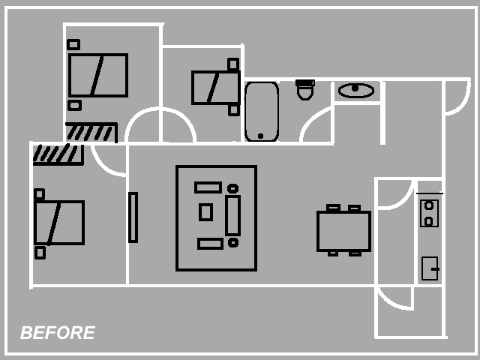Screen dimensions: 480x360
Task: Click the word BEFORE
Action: (58, 333)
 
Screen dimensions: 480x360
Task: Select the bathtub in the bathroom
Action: (262, 112)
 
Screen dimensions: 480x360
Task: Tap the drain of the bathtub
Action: (260, 136)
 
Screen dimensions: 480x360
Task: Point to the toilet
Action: (305, 90)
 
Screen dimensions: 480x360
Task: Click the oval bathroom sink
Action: (356, 91)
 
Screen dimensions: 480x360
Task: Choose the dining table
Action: (343, 231)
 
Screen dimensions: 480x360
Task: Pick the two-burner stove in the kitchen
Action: (429, 213)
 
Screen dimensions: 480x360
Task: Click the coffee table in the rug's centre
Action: (205, 212)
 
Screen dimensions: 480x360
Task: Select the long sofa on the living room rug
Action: (232, 215)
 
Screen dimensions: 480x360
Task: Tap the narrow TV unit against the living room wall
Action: (133, 217)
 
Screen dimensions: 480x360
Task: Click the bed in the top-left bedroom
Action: (98, 75)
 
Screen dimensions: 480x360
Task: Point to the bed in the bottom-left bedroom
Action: (59, 223)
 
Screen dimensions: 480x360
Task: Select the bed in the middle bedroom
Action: (216, 88)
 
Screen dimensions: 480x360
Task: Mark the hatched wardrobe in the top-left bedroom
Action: (91, 132)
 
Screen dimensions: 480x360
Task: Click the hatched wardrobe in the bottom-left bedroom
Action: (58, 154)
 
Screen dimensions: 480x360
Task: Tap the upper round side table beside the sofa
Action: (232, 188)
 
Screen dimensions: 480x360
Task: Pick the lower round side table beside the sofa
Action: (233, 243)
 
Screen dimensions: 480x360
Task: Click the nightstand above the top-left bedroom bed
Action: (73, 45)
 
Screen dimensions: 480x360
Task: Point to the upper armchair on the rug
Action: (208, 187)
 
